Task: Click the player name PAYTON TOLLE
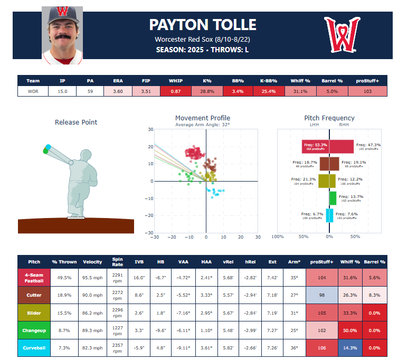[203, 25]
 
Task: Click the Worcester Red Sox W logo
[342, 35]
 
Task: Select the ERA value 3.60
[118, 91]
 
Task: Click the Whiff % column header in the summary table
[300, 81]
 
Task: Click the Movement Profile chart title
[203, 118]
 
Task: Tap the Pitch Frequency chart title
[329, 118]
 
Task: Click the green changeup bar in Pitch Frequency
[333, 198]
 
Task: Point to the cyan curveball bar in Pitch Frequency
[329, 215]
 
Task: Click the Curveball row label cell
[34, 347]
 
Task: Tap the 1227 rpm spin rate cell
[118, 330]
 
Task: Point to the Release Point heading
[76, 122]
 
